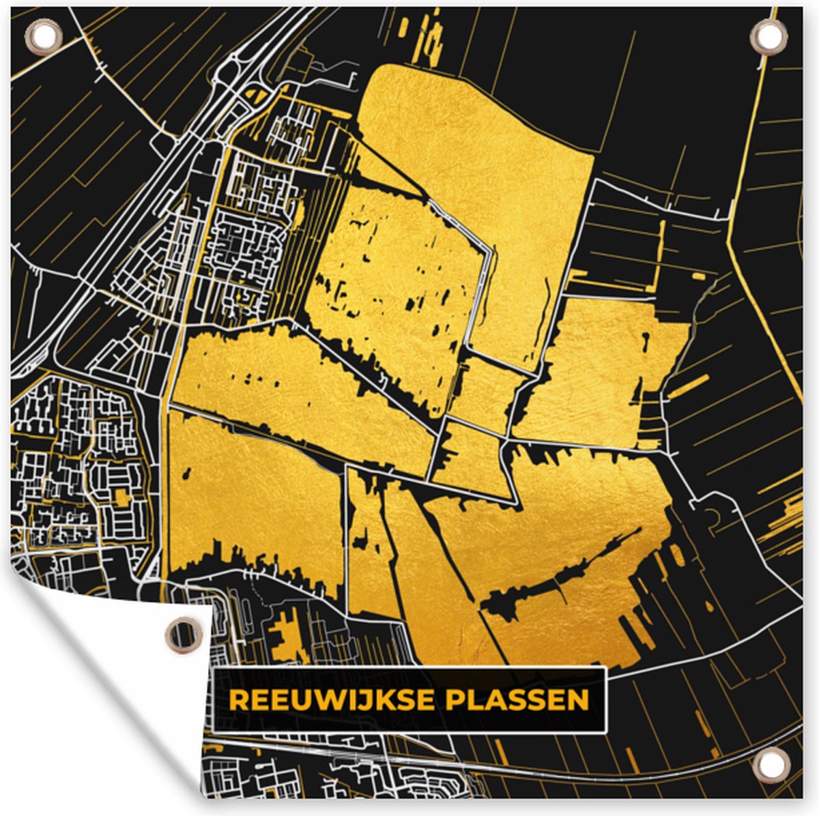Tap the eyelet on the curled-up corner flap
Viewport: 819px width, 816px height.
[184, 635]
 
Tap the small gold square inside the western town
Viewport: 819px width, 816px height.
[122, 496]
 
